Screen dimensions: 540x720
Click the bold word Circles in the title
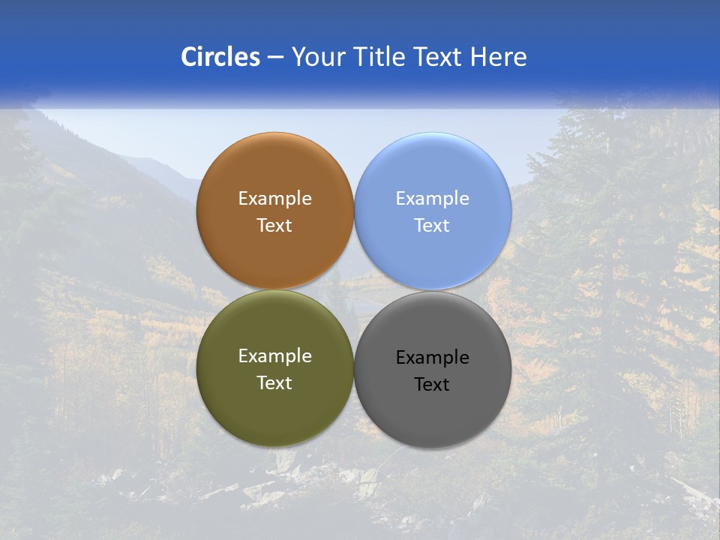pyautogui.click(x=220, y=57)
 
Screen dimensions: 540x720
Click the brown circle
pyautogui.click(x=274, y=172)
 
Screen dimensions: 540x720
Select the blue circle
pyautogui.click(x=432, y=172)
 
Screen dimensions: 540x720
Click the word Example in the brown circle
pyautogui.click(x=274, y=199)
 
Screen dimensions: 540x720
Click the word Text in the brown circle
pyautogui.click(x=274, y=226)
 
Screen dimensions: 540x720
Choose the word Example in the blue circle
pyautogui.click(x=432, y=199)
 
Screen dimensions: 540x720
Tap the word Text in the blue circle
pyautogui.click(x=432, y=226)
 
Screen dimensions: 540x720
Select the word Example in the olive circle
pyautogui.click(x=274, y=356)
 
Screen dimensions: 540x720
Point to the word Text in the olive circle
pyautogui.click(x=274, y=383)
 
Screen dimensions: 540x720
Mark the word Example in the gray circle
pyautogui.click(x=432, y=358)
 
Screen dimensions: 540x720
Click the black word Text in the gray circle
pyautogui.click(x=432, y=385)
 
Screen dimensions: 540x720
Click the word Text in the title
pyautogui.click(x=439, y=57)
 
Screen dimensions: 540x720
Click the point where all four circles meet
pyautogui.click(x=353, y=290)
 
